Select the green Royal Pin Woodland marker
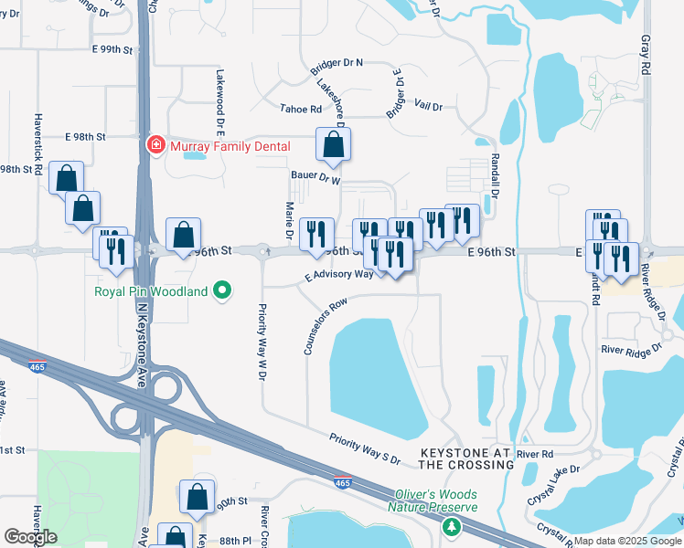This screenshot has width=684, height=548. pyautogui.click(x=222, y=292)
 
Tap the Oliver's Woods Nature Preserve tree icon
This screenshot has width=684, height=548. pyautogui.click(x=451, y=527)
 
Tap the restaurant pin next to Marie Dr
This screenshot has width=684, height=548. pyautogui.click(x=315, y=233)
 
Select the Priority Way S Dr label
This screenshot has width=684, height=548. pyautogui.click(x=365, y=447)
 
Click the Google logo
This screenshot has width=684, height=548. pyautogui.click(x=30, y=537)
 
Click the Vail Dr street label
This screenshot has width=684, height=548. pyautogui.click(x=428, y=107)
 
